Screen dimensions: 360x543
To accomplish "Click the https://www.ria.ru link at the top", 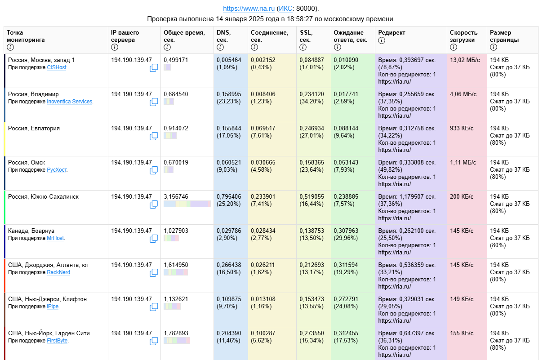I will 249,9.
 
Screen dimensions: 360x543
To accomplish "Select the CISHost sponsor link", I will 57,67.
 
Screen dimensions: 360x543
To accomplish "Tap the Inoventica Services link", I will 70,102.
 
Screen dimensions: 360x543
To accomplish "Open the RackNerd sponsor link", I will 58,272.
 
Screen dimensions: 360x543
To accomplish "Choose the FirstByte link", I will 58,341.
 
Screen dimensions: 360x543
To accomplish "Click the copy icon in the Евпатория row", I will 154,136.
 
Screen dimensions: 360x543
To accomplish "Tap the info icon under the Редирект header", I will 382,40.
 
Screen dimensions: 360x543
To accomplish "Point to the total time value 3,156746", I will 176,196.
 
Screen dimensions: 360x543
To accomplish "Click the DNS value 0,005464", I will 229,60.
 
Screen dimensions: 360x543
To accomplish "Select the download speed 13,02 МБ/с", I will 465,60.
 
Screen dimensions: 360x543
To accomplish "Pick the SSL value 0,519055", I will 312,196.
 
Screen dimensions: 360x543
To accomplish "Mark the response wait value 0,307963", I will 346,231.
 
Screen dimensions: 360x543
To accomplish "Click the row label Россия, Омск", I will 27,162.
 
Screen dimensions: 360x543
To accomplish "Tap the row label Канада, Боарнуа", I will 31,231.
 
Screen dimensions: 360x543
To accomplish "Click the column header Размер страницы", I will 504,36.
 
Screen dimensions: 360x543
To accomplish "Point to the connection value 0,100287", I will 263,333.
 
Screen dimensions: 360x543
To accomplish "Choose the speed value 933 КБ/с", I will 462,128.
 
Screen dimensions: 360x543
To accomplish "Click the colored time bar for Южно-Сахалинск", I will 187,204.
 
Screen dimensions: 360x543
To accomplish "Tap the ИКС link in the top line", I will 285,9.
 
